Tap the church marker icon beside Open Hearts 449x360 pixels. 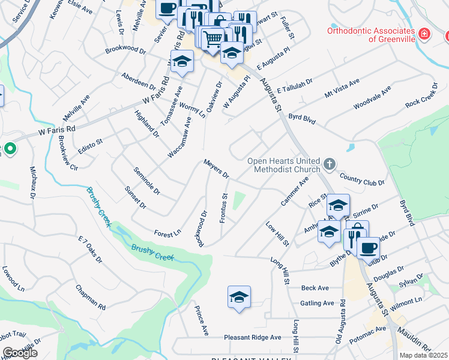coord(329,164)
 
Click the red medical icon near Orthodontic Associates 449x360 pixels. coord(424,34)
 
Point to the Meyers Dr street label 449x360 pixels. coord(216,169)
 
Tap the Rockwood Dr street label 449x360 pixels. coord(203,227)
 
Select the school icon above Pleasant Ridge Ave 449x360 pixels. coord(239,297)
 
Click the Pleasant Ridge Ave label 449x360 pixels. coord(253,337)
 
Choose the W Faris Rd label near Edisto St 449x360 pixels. coord(57,129)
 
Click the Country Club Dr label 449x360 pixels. coord(361,178)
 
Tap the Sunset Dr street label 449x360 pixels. coord(134,197)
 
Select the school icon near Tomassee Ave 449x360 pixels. coord(181,61)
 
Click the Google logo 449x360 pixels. coord(20,353)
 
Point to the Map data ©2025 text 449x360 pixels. coord(424,355)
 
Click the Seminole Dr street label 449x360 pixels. coord(146,181)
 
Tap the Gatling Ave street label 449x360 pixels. coord(317,303)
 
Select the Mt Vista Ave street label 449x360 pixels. coord(342,88)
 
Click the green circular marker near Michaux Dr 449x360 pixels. coord(10,148)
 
